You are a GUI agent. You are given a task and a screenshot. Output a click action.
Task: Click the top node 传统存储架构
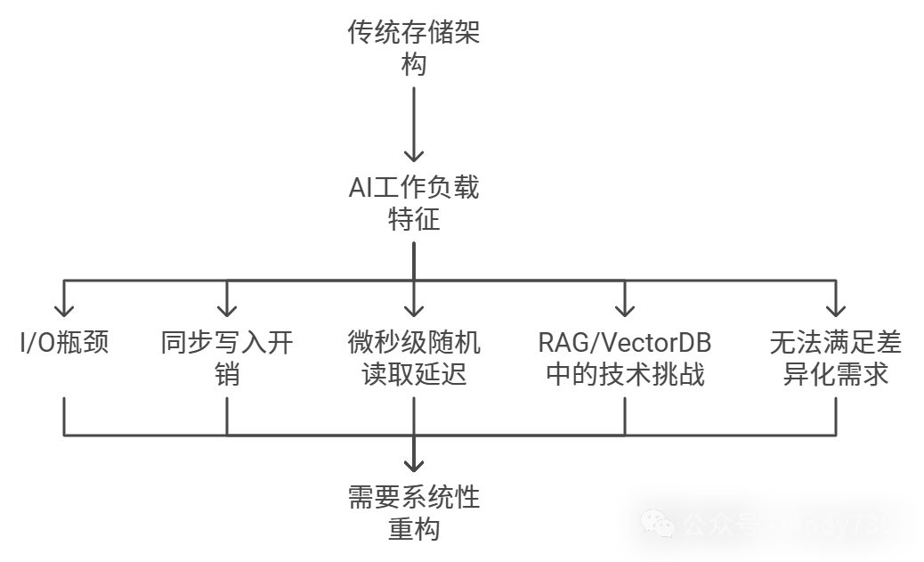[414, 50]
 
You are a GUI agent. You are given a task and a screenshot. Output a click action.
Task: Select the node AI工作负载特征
[414, 203]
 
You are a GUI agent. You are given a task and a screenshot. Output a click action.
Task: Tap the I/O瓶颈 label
[64, 343]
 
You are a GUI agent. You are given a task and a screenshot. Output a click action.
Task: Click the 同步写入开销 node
[227, 358]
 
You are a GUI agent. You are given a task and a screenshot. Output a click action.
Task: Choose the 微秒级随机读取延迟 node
[414, 358]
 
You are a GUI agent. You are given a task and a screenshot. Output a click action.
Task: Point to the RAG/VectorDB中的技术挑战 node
[625, 358]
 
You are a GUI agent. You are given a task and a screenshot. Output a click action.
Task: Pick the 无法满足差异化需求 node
[836, 358]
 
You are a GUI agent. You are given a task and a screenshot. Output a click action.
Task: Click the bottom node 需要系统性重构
[414, 512]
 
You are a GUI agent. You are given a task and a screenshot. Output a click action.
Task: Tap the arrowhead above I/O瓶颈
[64, 310]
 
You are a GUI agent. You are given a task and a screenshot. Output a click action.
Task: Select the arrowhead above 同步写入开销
[227, 310]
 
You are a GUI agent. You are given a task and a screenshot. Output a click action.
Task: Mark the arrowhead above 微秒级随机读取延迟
[414, 310]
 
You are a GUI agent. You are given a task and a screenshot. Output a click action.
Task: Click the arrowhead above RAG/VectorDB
[625, 310]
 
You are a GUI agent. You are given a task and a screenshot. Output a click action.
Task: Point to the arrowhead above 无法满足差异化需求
[836, 310]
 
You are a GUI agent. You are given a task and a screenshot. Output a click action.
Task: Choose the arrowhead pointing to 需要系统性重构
[414, 464]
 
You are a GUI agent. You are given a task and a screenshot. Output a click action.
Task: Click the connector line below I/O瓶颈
[64, 415]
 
